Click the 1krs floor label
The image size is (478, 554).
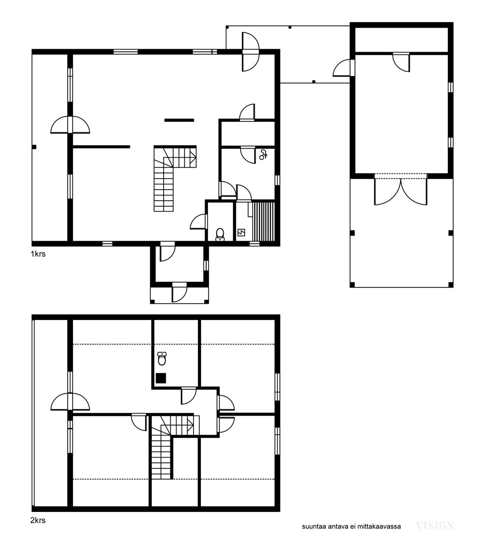pyautogui.click(x=38, y=254)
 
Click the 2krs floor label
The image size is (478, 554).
pyautogui.click(x=38, y=520)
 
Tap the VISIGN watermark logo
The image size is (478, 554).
pyautogui.click(x=435, y=525)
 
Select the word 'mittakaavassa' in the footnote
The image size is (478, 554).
pyautogui.click(x=379, y=526)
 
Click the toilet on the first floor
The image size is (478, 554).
pyautogui.click(x=220, y=234)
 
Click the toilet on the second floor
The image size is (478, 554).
pyautogui.click(x=162, y=358)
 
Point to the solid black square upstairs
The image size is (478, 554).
pyautogui.click(x=161, y=378)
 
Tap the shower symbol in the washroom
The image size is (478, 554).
pyautogui.click(x=263, y=155)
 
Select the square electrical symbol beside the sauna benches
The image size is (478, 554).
pyautogui.click(x=241, y=233)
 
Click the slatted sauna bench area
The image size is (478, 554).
pyautogui.click(x=263, y=222)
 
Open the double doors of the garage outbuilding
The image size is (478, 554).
pyautogui.click(x=401, y=191)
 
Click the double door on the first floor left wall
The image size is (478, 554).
pyautogui.click(x=70, y=125)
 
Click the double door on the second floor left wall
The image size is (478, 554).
pyautogui.click(x=70, y=402)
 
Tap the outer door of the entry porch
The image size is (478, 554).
pyautogui.click(x=179, y=293)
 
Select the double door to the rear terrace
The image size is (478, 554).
pyautogui.click(x=250, y=52)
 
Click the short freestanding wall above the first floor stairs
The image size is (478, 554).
pyautogui.click(x=179, y=120)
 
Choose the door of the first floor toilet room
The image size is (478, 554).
pyautogui.click(x=199, y=222)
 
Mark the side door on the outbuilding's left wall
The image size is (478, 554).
pyautogui.click(x=343, y=68)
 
